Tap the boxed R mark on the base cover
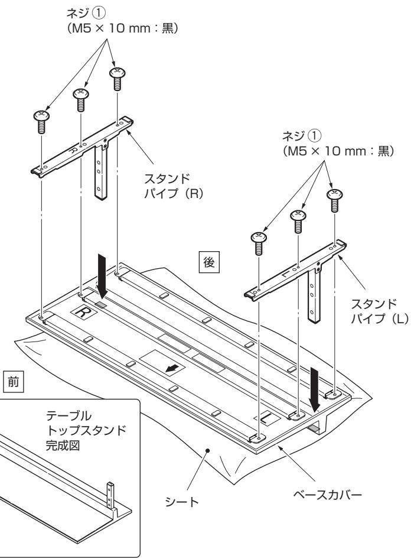point(80,309)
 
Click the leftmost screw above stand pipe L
point(257,242)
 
